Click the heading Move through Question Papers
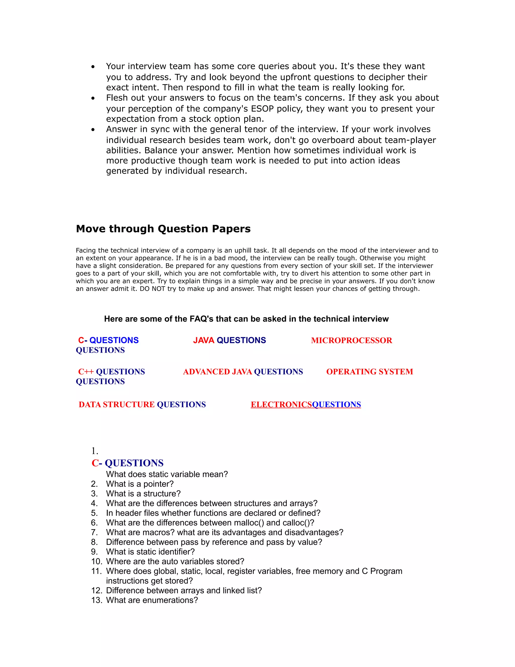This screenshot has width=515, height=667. pos(163,229)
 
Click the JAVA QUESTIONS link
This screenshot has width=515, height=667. pos(229,340)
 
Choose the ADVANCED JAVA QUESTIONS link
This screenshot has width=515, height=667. pos(243,372)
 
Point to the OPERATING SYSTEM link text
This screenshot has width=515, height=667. pos(369,372)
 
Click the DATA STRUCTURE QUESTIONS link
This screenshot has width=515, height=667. pos(142,404)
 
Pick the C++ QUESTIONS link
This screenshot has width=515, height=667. pos(111,372)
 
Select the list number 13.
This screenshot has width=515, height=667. pos(96,600)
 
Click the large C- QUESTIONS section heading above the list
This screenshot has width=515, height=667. pos(127,463)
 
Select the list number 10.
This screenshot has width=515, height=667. pos(96,561)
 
